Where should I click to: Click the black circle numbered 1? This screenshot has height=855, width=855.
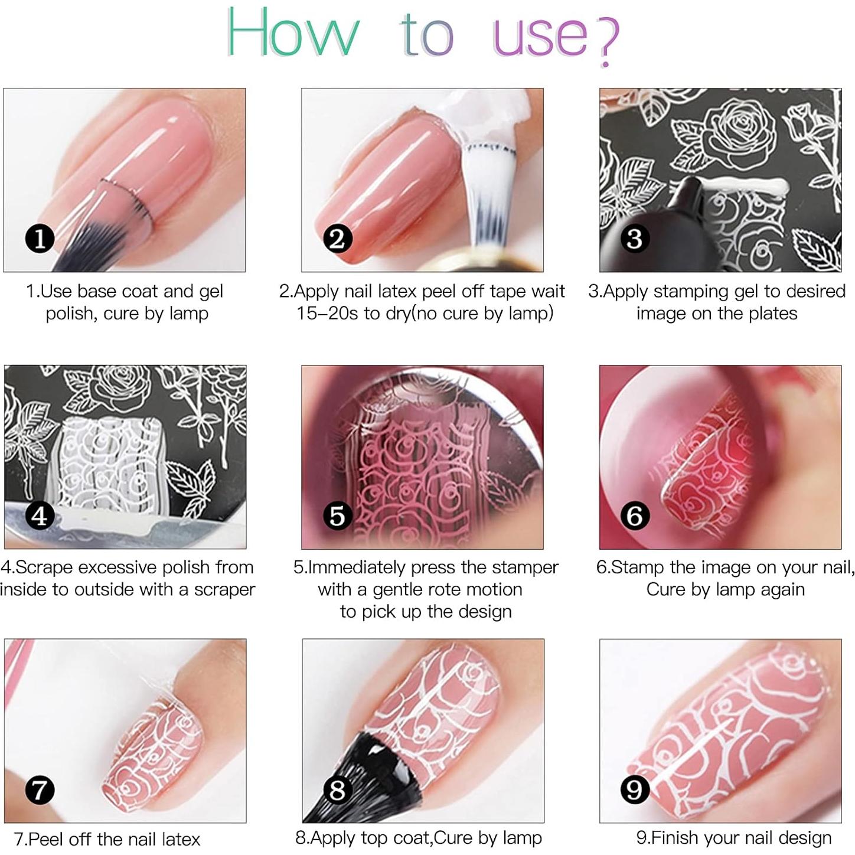point(40,239)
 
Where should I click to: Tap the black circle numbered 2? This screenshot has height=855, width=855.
point(337,239)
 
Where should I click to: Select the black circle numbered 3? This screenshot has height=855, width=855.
point(635,239)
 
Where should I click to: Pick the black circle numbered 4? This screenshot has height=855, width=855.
point(40,515)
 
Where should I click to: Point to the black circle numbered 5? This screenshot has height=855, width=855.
point(337,515)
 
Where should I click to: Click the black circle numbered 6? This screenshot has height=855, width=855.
point(635,515)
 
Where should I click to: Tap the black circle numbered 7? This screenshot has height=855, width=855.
point(40,790)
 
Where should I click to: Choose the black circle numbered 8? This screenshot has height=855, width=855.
point(337,790)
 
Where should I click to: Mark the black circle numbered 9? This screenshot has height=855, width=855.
point(635,790)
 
